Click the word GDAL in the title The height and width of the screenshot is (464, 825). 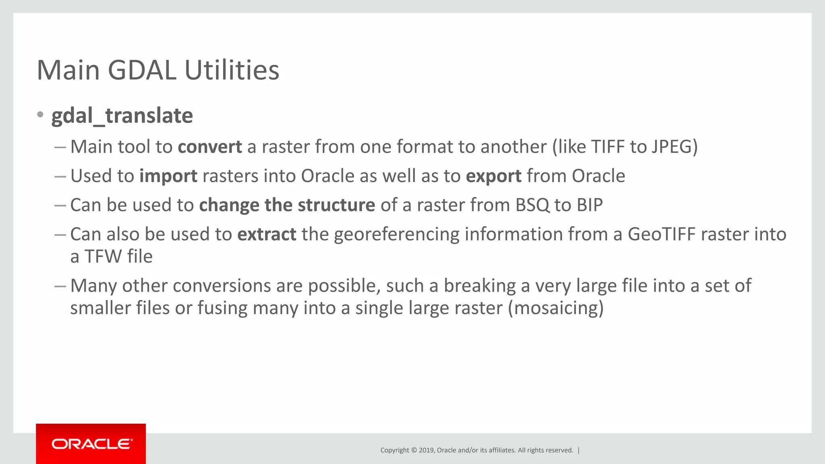click(142, 70)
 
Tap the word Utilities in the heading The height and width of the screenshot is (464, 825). click(232, 70)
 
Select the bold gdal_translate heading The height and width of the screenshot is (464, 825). click(122, 116)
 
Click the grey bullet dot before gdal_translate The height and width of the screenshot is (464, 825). click(40, 115)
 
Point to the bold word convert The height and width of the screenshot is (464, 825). click(210, 147)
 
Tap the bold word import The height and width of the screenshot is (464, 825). click(168, 176)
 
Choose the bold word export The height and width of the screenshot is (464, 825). click(493, 176)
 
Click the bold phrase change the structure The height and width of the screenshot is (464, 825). click(287, 205)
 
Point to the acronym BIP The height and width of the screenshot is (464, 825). click(589, 205)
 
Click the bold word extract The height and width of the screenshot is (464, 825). click(267, 234)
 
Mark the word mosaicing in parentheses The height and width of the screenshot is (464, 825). click(556, 308)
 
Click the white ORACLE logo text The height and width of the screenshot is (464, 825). click(91, 444)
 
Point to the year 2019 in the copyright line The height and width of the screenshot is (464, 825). click(426, 450)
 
